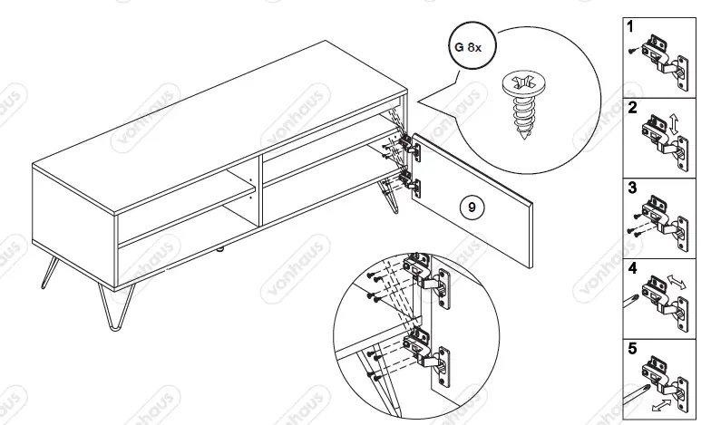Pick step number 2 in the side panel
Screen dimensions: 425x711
pos(631,107)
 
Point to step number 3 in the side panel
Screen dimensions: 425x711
pos(631,188)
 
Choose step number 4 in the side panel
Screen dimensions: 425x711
pos(631,269)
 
